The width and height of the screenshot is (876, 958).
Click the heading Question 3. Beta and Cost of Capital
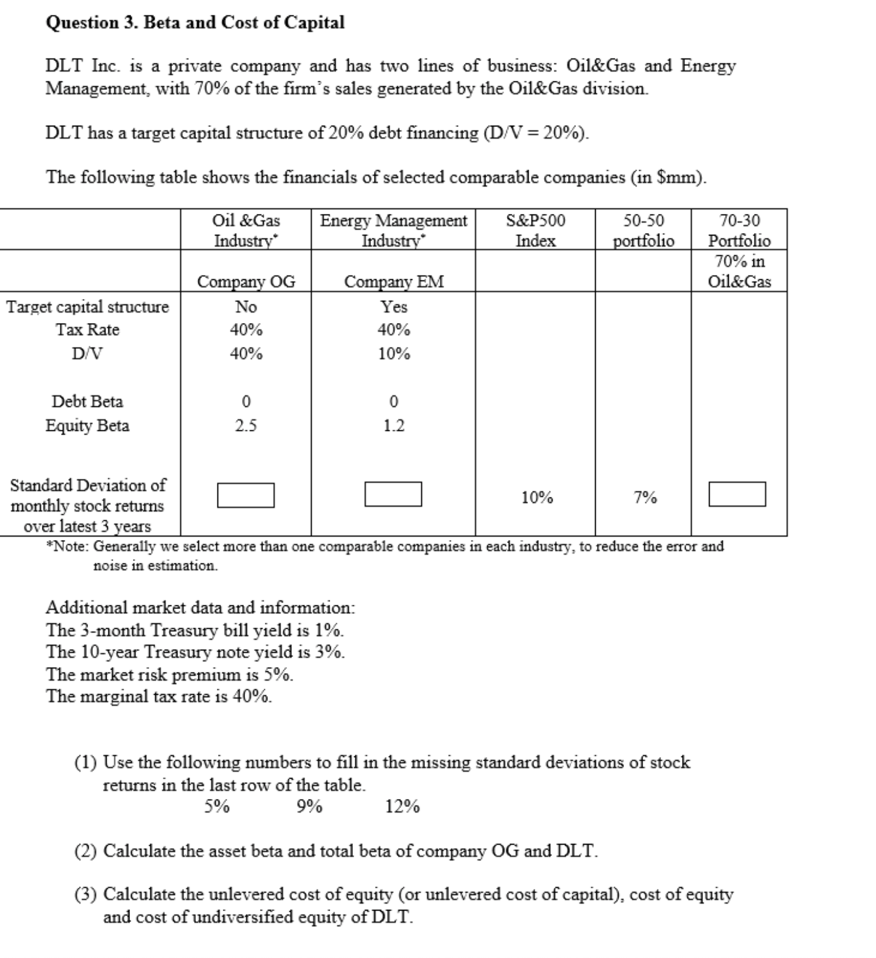(x=195, y=22)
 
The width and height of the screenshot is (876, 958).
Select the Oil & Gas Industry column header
(x=246, y=230)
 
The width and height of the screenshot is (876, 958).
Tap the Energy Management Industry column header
(x=393, y=230)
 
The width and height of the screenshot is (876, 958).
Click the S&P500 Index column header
(x=535, y=230)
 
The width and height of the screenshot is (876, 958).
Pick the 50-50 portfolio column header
(x=644, y=230)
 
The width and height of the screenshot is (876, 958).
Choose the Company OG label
(x=246, y=282)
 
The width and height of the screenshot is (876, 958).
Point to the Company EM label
(x=394, y=282)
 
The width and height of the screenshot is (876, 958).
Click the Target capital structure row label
(x=87, y=306)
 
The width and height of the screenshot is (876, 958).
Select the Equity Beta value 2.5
(x=246, y=425)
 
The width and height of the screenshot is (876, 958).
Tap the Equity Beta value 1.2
(x=394, y=425)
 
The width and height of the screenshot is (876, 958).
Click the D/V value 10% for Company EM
(x=394, y=354)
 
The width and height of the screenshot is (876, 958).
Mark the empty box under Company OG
(x=246, y=494)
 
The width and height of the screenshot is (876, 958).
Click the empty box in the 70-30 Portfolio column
(x=737, y=494)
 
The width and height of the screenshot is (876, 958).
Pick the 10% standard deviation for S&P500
(x=537, y=497)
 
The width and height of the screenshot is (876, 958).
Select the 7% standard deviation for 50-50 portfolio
(x=645, y=497)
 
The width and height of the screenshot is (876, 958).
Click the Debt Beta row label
(x=87, y=401)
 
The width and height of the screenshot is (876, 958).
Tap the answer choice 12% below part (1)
(x=402, y=806)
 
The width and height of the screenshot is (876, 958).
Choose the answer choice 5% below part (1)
(x=217, y=806)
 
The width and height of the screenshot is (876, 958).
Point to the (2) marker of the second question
(x=86, y=851)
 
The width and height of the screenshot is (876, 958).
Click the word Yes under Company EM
(x=394, y=306)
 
